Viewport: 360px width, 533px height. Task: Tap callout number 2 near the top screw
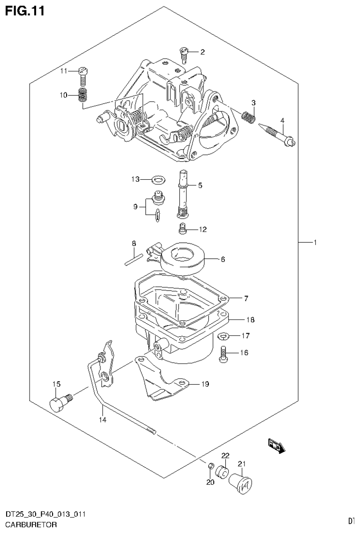[202, 52]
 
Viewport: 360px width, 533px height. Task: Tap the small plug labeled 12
[183, 229]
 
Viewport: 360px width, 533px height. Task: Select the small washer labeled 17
[223, 335]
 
